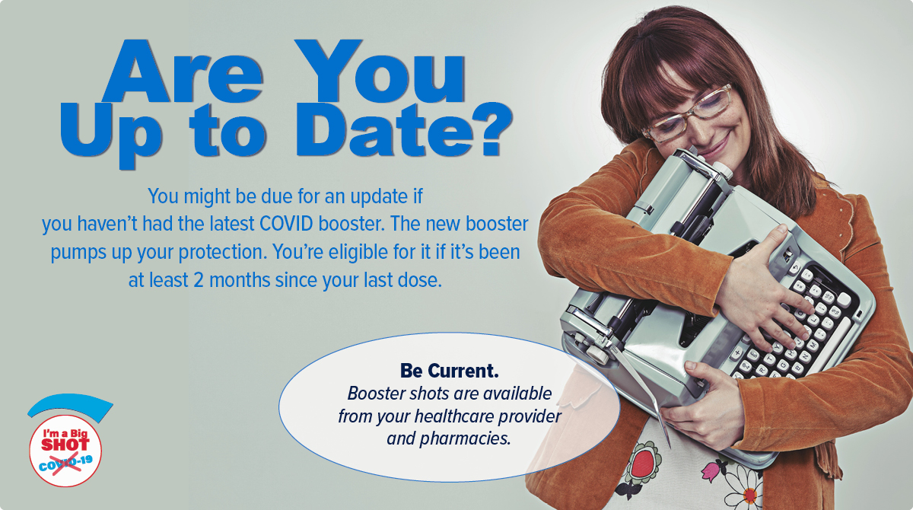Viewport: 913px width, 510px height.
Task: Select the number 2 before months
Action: click(199, 280)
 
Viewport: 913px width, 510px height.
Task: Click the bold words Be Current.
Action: click(449, 371)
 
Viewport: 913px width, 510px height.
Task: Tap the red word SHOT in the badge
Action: click(65, 445)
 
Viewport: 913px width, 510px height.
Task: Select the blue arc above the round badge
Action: click(70, 403)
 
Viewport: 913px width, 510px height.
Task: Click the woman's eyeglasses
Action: click(688, 113)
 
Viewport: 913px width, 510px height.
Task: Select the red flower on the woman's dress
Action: click(643, 464)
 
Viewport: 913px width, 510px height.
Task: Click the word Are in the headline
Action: click(182, 72)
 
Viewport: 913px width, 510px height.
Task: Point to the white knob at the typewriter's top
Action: click(723, 170)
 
